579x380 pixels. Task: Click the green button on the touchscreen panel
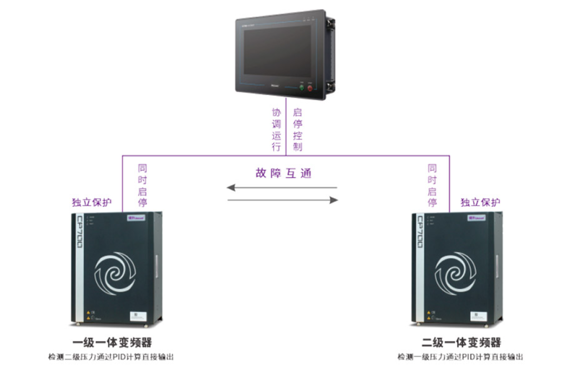coord(302,88)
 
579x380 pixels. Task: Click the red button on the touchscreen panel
coord(310,89)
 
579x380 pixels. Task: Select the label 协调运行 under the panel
coord(276,129)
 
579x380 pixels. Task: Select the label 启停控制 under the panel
coord(297,129)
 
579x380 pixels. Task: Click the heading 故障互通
coord(283,173)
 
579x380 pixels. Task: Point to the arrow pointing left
coord(281,188)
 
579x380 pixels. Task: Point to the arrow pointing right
coord(283,200)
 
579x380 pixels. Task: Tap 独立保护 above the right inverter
coord(480,203)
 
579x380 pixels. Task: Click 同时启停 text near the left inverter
coord(142,185)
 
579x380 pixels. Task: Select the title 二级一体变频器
coord(461,343)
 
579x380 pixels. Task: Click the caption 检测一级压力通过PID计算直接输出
coord(460,357)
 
